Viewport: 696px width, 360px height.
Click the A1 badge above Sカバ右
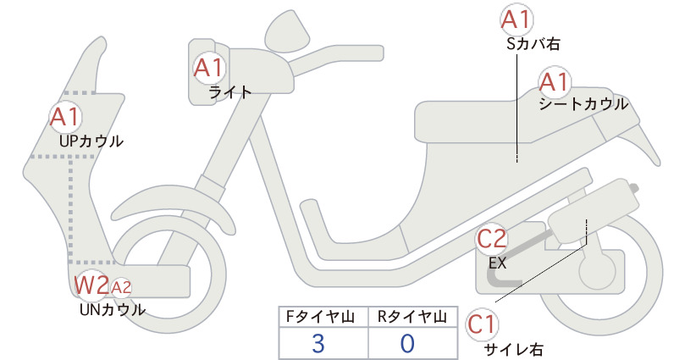pyautogui.click(x=516, y=20)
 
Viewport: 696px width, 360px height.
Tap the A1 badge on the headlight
pyautogui.click(x=208, y=69)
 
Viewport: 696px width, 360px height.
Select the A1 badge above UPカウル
pyautogui.click(x=65, y=117)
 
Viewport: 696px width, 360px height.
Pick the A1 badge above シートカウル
pyautogui.click(x=555, y=83)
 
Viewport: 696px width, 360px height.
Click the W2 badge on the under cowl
pyautogui.click(x=91, y=285)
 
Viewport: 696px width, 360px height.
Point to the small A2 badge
pyautogui.click(x=121, y=288)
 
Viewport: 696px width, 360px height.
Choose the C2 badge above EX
pyautogui.click(x=491, y=240)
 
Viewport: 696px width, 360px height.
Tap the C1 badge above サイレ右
pyautogui.click(x=482, y=325)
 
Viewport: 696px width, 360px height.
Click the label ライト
pyautogui.click(x=230, y=92)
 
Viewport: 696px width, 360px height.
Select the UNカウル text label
pyautogui.click(x=113, y=309)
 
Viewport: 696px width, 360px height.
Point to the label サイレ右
pyautogui.click(x=513, y=350)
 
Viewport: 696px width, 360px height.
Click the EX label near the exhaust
pyautogui.click(x=498, y=263)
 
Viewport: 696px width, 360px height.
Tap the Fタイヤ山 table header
pyautogui.click(x=320, y=317)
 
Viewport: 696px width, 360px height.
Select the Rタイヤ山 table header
pyautogui.click(x=412, y=317)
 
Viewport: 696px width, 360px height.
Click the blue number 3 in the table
pyautogui.click(x=318, y=343)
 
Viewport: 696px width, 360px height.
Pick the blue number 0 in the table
pyautogui.click(x=407, y=343)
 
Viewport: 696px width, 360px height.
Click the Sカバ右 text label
pyautogui.click(x=533, y=44)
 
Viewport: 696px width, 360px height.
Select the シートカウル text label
pyautogui.click(x=583, y=104)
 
